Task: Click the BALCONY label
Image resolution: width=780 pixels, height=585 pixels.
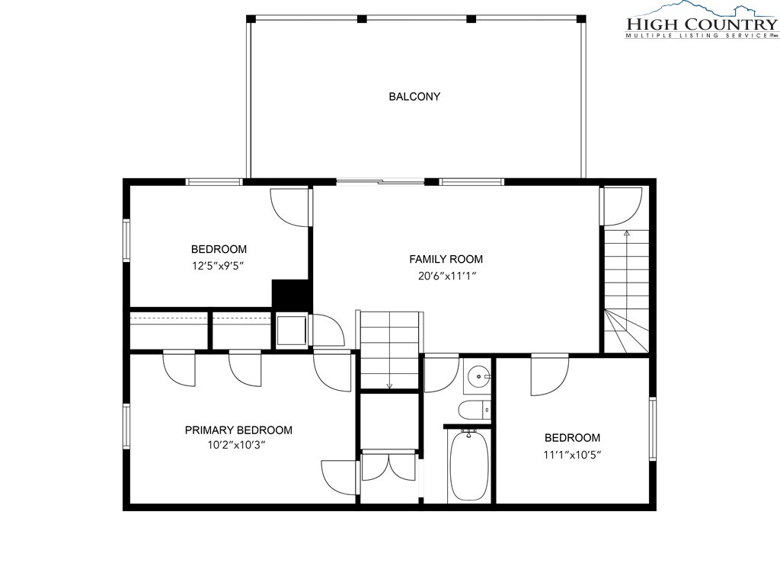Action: click(x=414, y=97)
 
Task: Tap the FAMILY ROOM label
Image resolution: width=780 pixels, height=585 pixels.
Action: click(x=446, y=259)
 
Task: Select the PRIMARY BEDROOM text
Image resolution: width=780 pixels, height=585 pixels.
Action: click(x=238, y=430)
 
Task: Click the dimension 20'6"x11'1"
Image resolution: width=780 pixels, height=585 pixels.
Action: click(x=447, y=276)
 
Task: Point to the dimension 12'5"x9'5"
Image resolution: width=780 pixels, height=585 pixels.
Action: click(x=218, y=266)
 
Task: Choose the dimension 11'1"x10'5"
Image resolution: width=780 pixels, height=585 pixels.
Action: click(x=572, y=454)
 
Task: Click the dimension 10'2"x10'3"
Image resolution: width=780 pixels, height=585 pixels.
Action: click(x=237, y=445)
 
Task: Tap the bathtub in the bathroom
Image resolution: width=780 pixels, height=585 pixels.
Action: click(x=468, y=465)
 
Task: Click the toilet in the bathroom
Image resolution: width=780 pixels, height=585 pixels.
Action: click(x=475, y=410)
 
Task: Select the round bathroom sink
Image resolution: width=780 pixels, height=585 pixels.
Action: click(x=478, y=376)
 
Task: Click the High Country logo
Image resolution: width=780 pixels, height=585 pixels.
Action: click(x=701, y=21)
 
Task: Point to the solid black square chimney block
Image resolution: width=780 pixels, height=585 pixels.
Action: click(x=292, y=294)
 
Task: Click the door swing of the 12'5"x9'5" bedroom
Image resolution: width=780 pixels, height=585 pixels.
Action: click(x=289, y=207)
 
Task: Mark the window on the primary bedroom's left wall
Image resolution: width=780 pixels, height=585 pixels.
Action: click(x=126, y=426)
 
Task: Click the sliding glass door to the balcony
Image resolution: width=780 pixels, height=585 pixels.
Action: click(x=381, y=181)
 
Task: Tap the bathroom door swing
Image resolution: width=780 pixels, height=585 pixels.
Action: click(x=441, y=374)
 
